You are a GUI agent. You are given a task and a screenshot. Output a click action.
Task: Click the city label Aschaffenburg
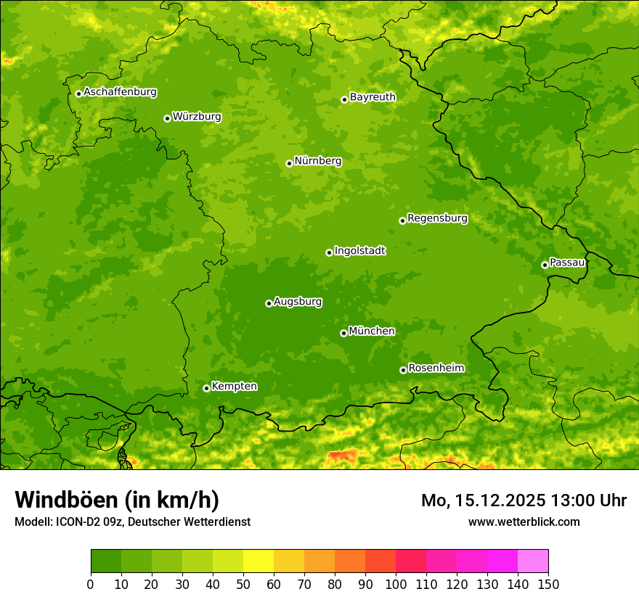pos(120,92)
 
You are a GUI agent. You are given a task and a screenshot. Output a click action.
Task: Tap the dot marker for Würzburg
pos(167,118)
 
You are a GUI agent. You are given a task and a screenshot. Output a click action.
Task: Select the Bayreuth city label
pos(373,96)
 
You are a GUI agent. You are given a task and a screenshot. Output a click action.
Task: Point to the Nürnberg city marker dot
pos(289,163)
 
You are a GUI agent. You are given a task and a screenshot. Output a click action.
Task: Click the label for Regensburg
pos(437,218)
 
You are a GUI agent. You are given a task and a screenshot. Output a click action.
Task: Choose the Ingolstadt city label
pos(359,250)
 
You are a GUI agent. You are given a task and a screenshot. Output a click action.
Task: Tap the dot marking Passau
pos(545,265)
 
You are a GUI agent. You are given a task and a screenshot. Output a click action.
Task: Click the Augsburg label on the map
pos(298,301)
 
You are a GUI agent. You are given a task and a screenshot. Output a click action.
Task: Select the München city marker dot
pos(343,333)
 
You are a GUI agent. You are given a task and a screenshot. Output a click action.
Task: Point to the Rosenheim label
pos(436,368)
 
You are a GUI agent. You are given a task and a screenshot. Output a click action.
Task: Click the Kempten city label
pos(234,386)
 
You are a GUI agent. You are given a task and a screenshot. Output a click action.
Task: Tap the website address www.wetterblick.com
pos(524,521)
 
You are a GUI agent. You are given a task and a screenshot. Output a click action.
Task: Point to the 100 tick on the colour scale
pos(396,585)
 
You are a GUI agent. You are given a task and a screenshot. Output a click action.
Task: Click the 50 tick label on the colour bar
pos(243,585)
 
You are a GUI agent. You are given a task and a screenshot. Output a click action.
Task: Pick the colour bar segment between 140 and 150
pos(533,561)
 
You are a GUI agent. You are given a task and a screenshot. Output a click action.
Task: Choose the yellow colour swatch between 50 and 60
pos(259,561)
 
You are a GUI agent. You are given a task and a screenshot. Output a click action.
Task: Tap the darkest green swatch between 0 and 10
pos(106,561)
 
